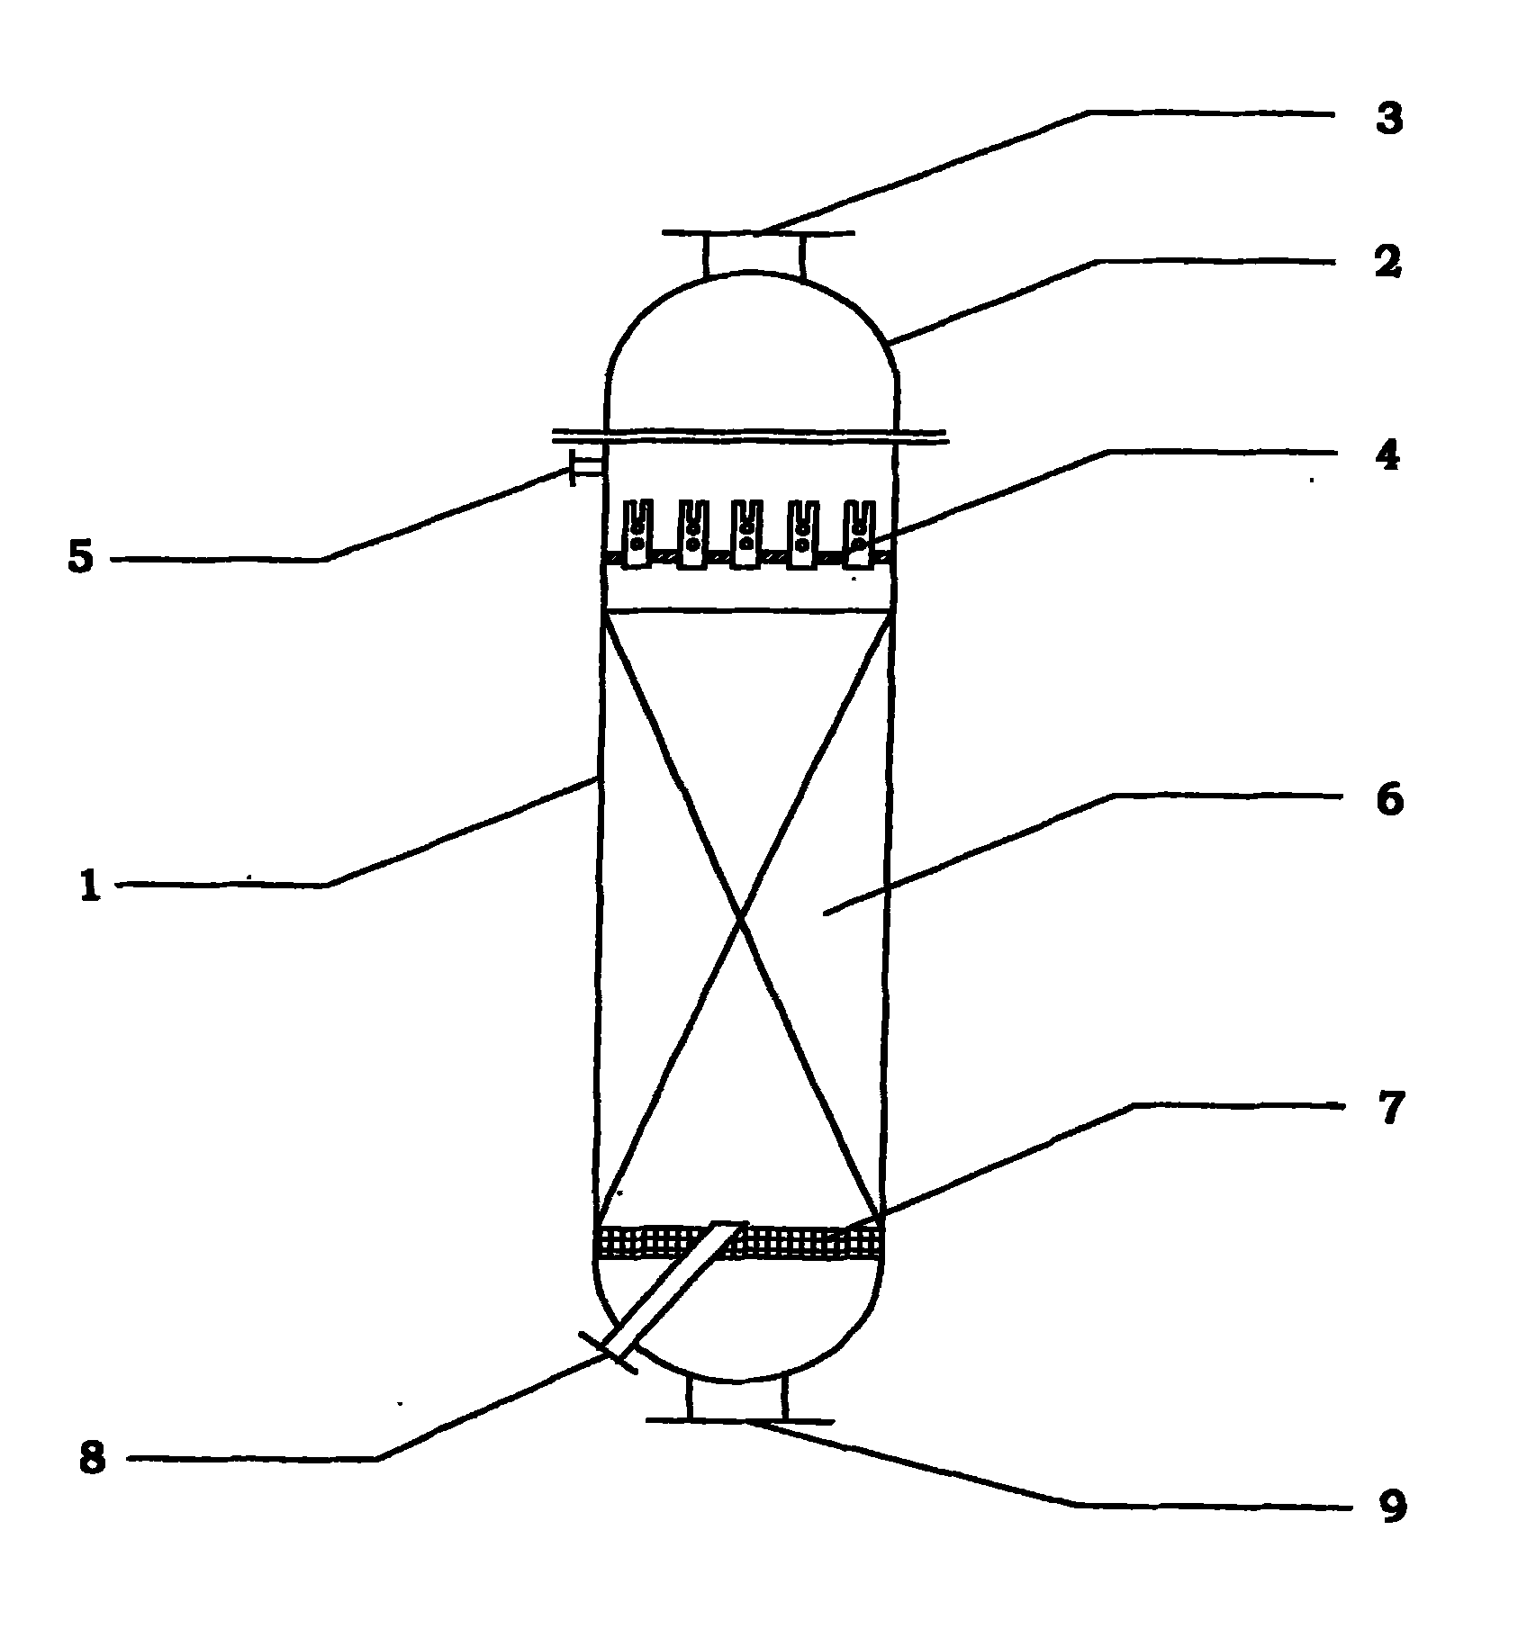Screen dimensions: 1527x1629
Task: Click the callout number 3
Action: [x=1389, y=118]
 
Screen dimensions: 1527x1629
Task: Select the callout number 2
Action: [x=1388, y=261]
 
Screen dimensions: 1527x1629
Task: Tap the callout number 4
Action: [x=1387, y=456]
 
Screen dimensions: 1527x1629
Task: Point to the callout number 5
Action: [x=80, y=558]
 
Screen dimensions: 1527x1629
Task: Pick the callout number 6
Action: [x=1390, y=799]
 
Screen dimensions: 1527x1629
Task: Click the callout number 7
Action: [x=1391, y=1108]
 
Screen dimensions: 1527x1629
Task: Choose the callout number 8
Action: [x=92, y=1459]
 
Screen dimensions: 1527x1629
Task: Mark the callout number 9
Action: [x=1392, y=1507]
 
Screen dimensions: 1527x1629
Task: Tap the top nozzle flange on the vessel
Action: [x=758, y=234]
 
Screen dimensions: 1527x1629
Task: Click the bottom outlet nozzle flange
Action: [x=740, y=1421]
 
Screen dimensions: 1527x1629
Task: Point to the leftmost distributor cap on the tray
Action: [x=637, y=535]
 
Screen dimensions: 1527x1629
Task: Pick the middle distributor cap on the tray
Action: [x=746, y=535]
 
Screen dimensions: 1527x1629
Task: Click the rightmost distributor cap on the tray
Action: [x=857, y=535]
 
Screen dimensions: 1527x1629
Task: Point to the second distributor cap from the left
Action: [x=692, y=535]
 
